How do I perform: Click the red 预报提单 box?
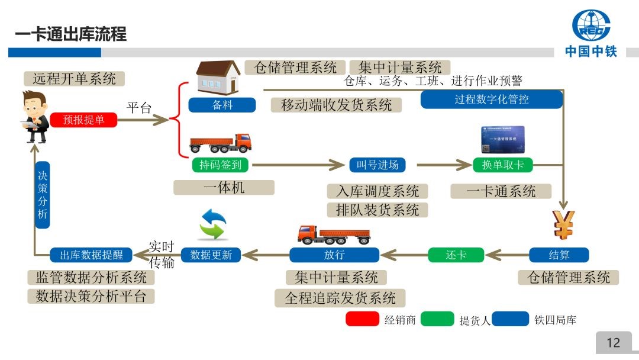tap(83, 120)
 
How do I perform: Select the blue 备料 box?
tap(222, 105)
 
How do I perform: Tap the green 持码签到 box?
tap(221, 165)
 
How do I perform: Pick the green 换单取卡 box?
tap(503, 165)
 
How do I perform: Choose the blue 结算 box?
tap(559, 255)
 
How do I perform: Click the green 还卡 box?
tap(456, 255)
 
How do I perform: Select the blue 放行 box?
tap(334, 255)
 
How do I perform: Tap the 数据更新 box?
tap(211, 255)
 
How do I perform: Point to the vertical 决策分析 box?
tap(42, 195)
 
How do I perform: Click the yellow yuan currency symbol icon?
tap(563, 224)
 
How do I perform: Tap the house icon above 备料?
tap(218, 78)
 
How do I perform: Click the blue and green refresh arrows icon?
tap(213, 224)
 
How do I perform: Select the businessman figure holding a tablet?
tap(35, 117)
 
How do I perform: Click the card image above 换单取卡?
tap(502, 140)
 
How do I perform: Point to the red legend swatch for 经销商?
tap(362, 319)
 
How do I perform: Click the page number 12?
tap(613, 342)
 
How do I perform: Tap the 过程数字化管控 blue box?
tap(491, 99)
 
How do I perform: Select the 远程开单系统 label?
tap(75, 78)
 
